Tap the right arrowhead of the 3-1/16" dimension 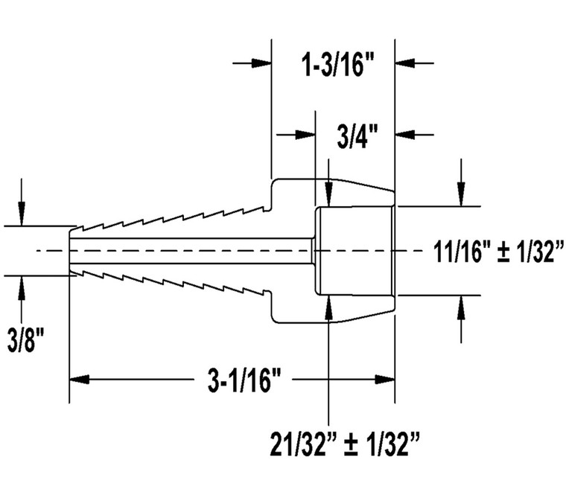(x=384, y=380)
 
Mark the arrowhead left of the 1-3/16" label (x=261, y=63)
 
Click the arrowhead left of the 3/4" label (x=306, y=135)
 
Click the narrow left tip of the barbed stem (x=72, y=251)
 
